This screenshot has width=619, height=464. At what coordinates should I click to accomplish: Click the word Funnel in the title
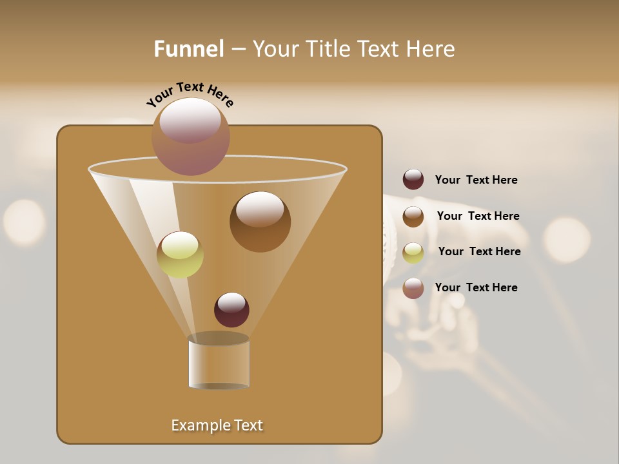tap(188, 49)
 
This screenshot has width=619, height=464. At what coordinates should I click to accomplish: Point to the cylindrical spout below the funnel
tap(219, 364)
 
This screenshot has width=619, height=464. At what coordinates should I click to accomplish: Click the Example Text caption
tap(217, 425)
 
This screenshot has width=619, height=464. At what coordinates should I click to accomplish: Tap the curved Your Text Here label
tap(190, 94)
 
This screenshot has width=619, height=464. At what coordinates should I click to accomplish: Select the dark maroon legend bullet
tap(413, 180)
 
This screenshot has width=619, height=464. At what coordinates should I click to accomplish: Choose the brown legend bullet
tap(413, 217)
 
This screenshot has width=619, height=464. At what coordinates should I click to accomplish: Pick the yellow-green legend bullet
tap(413, 252)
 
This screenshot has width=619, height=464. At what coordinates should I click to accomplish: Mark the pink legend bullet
tap(413, 288)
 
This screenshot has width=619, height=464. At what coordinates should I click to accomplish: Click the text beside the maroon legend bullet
tap(476, 180)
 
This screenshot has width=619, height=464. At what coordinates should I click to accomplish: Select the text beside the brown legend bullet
tap(478, 217)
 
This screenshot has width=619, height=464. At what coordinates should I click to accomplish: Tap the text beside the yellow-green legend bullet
tap(479, 252)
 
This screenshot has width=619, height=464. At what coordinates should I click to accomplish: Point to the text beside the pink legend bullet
tap(476, 288)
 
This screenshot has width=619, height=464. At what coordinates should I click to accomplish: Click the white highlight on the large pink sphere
tap(190, 119)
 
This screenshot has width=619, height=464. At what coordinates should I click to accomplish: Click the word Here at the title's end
tap(431, 49)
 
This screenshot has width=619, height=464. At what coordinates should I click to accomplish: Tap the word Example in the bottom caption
tap(199, 425)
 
